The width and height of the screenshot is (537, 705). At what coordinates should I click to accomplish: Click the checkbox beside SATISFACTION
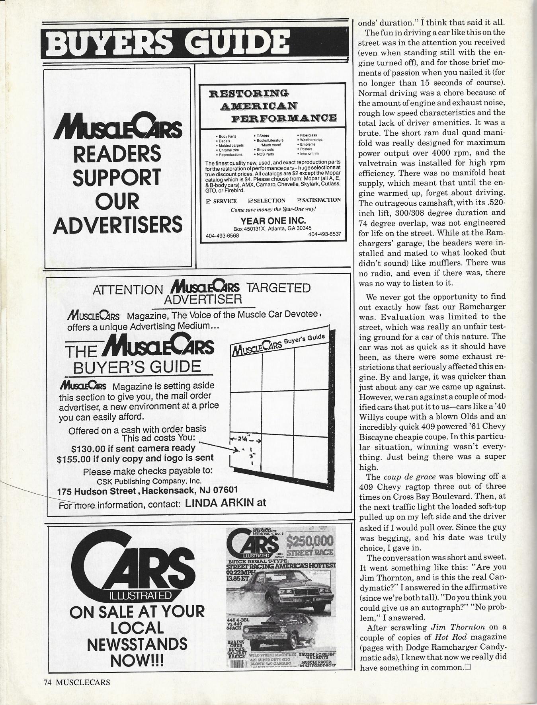299,200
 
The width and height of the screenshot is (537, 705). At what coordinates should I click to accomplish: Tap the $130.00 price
89,449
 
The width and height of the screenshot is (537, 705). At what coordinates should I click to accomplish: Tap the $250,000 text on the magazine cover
310,541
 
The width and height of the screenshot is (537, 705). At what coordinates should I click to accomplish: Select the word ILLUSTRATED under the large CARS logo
137,596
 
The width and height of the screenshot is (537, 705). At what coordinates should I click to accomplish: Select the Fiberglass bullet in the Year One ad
308,135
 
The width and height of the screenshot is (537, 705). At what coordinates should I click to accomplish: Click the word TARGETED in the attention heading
279,288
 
